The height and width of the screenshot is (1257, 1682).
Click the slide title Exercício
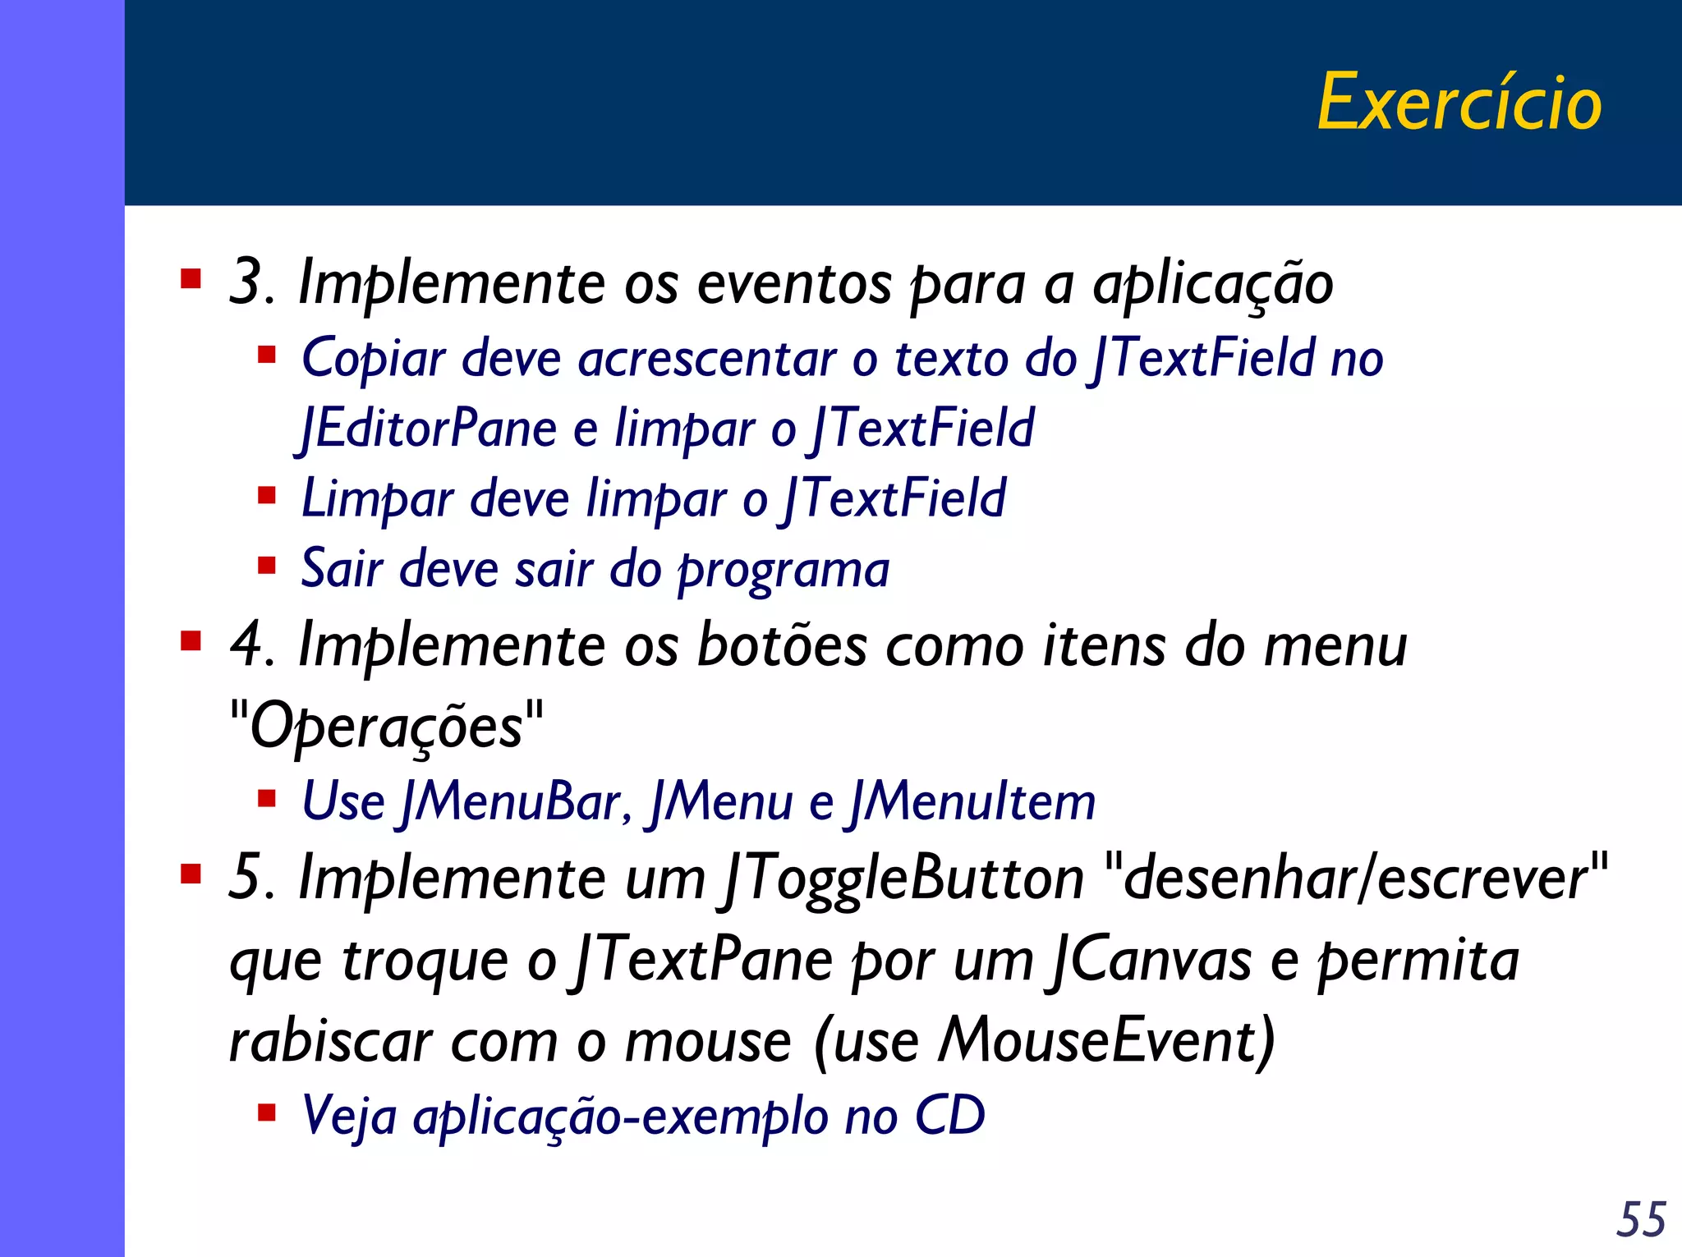click(x=1459, y=103)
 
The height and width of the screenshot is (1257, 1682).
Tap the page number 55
click(x=1641, y=1219)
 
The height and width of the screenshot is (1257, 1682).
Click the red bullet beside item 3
click(x=191, y=280)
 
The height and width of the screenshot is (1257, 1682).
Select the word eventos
click(x=794, y=284)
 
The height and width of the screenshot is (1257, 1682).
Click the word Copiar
click(x=374, y=359)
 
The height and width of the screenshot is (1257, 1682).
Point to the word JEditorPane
click(x=427, y=429)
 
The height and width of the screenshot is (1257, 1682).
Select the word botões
click(x=781, y=645)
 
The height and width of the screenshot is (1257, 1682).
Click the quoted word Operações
click(x=386, y=727)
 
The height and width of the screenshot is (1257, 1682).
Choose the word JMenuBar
click(x=513, y=801)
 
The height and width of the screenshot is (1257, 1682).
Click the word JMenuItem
click(x=972, y=801)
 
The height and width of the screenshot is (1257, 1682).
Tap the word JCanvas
click(x=1149, y=960)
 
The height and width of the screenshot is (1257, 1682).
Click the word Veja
click(x=349, y=1117)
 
